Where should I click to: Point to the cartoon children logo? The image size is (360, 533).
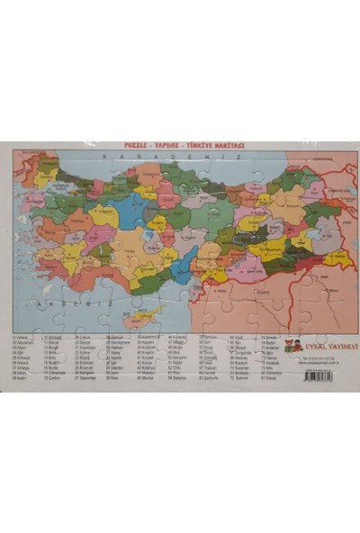coord(292,345)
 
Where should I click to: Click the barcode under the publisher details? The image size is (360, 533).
coord(318,375)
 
